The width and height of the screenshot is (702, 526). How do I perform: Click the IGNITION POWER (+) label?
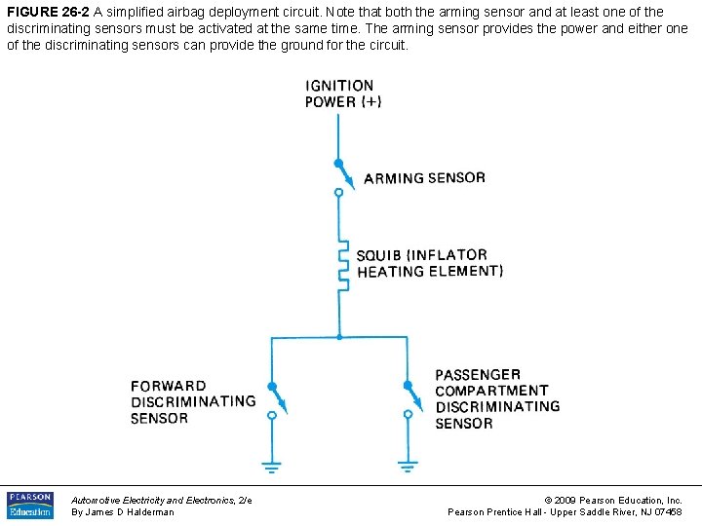342,94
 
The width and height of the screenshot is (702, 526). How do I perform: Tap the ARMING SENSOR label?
423,178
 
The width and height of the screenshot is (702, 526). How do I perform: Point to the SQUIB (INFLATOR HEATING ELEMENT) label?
429,264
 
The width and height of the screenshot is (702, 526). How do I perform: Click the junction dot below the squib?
338,337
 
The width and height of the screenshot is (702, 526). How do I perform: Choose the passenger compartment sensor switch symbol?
408,399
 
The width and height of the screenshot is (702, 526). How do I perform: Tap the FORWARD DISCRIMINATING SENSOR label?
193,402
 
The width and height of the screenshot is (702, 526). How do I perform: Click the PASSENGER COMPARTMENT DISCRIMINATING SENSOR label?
497,399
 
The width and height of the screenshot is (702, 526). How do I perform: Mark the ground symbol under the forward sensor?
272,466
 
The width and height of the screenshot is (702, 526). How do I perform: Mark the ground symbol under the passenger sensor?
408,466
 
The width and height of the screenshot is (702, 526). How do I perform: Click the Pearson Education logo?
30,505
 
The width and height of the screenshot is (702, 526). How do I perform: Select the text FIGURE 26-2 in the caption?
47,13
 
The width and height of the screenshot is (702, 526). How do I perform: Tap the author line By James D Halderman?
123,512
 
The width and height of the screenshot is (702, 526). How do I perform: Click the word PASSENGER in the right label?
478,375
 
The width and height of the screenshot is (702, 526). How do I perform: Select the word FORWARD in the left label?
169,386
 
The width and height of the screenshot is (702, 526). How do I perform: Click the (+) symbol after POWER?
370,101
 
